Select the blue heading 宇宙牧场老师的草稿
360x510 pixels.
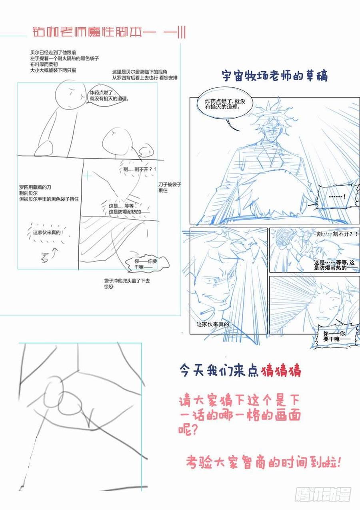click(x=274, y=76)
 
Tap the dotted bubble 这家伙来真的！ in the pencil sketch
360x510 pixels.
click(x=48, y=232)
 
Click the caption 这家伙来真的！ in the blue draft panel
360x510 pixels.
click(x=214, y=324)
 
